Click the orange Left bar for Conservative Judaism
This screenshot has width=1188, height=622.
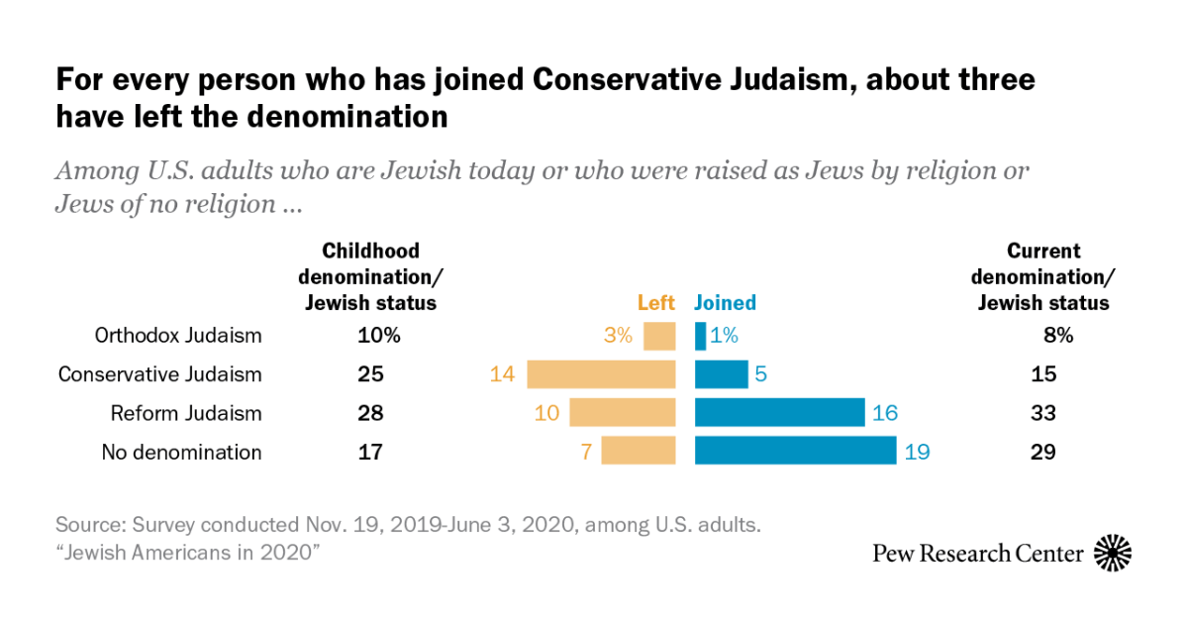click(x=601, y=374)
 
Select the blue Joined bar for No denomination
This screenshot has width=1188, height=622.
click(x=795, y=452)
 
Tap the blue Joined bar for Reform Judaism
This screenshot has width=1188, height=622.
click(x=780, y=413)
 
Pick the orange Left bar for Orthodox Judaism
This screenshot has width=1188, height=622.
click(x=659, y=336)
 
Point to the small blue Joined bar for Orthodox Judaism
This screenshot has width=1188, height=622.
click(x=701, y=336)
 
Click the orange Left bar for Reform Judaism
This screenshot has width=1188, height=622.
click(x=622, y=413)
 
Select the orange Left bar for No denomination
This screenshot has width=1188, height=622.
click(x=639, y=452)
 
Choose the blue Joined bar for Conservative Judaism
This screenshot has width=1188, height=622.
click(x=721, y=374)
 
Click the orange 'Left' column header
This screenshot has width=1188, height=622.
click(x=655, y=303)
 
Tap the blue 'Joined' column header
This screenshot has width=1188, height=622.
click(x=725, y=303)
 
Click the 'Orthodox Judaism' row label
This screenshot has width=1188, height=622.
click(x=178, y=336)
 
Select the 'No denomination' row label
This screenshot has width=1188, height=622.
click(x=181, y=453)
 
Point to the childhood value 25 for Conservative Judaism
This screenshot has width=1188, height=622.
click(x=368, y=374)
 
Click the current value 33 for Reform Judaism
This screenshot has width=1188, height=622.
click(x=1042, y=413)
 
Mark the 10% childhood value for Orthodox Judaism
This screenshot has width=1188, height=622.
click(x=378, y=336)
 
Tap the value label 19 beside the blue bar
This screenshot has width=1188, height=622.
click(x=917, y=453)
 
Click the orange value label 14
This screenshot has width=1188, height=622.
click(x=502, y=374)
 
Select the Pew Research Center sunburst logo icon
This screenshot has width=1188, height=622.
click(x=1113, y=553)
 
